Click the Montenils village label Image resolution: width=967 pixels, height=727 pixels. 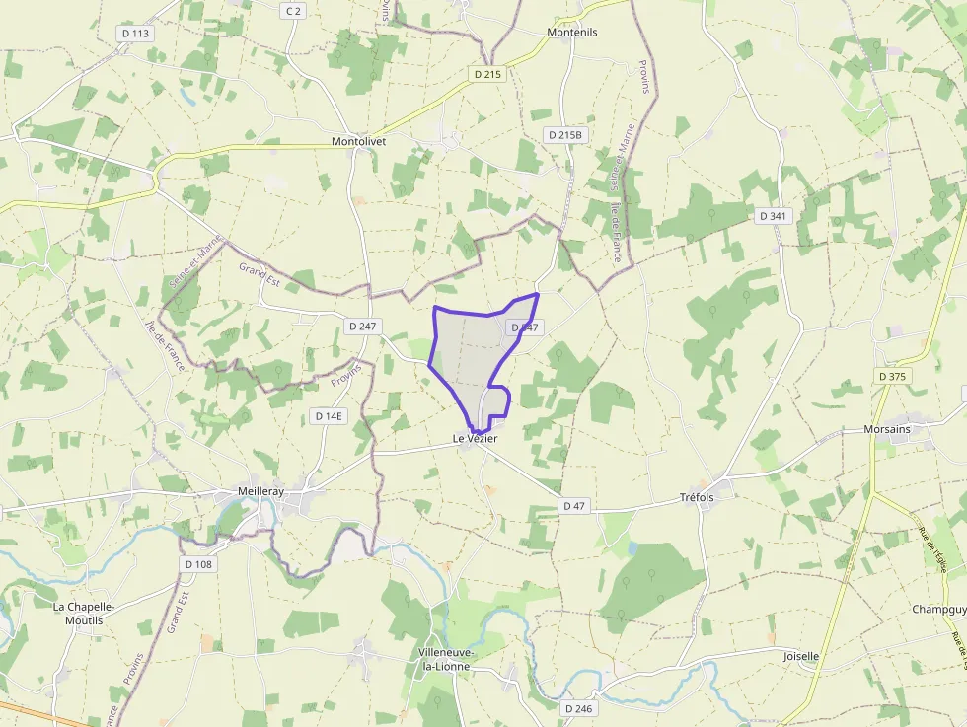[x=572, y=32]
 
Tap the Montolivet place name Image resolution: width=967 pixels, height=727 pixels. [x=358, y=142]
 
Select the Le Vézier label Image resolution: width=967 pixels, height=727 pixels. [x=475, y=438]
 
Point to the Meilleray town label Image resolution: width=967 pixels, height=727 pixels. [x=261, y=491]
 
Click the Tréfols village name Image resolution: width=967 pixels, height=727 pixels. [x=697, y=497]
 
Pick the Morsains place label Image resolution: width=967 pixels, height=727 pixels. [x=886, y=430]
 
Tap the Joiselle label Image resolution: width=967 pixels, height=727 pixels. [x=800, y=656]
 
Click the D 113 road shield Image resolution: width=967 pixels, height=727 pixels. [x=135, y=34]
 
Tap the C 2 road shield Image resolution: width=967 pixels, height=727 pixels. [x=292, y=11]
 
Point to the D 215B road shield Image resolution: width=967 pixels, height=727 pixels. [x=566, y=135]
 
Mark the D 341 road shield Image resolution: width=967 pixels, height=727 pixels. [x=773, y=215]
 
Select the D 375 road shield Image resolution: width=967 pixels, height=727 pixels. [x=893, y=376]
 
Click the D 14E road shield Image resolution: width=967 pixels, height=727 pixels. [x=329, y=416]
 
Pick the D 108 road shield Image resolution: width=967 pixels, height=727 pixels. [x=198, y=564]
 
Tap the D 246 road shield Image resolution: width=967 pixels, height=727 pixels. [x=580, y=708]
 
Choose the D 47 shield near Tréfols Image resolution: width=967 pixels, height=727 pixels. [x=574, y=506]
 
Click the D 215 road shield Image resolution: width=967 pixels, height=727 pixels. [x=487, y=74]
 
